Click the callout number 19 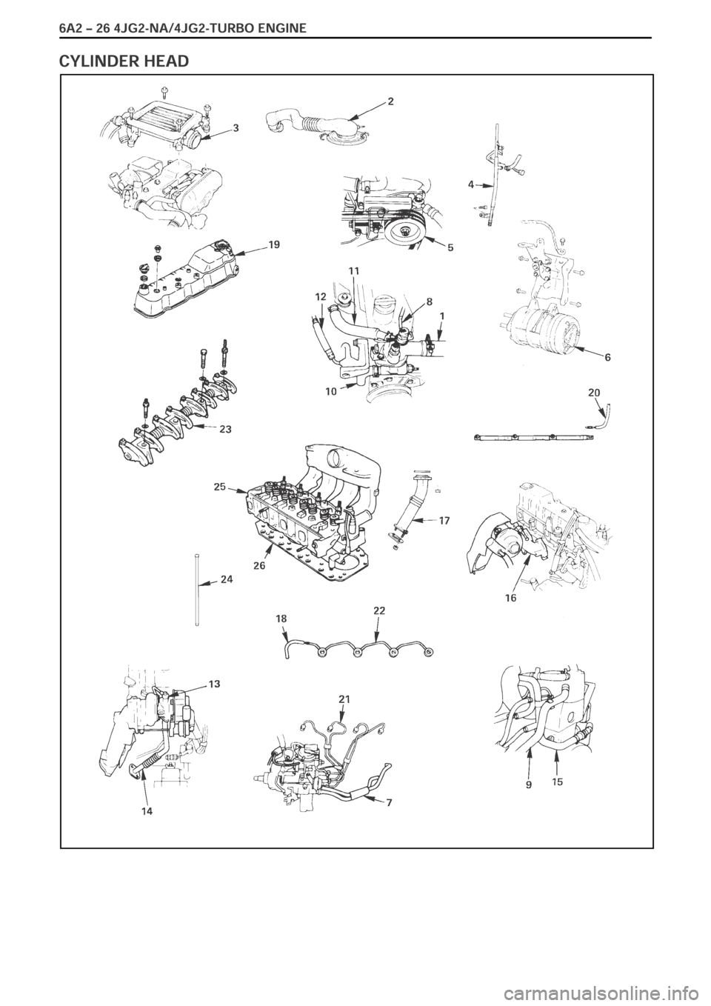(x=274, y=244)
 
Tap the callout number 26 (x=259, y=565)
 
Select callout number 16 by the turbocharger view (x=511, y=598)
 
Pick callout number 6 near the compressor (x=607, y=358)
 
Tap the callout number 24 (x=227, y=579)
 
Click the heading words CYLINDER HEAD (x=124, y=60)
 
